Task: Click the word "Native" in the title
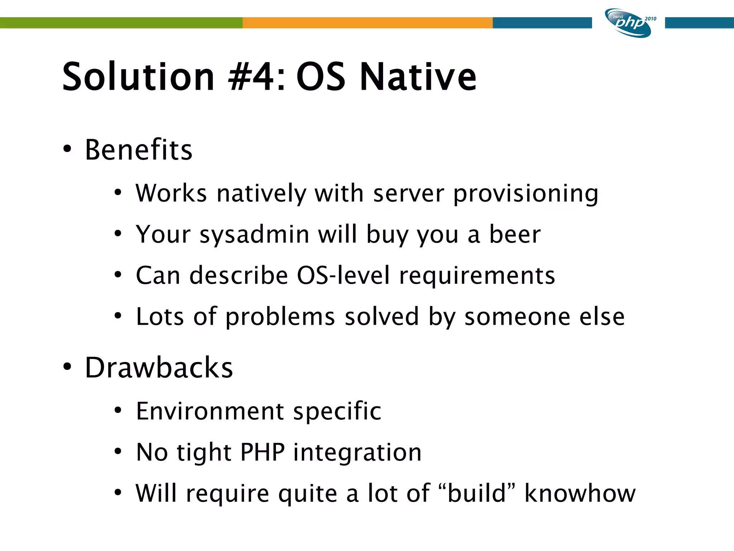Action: pos(418,77)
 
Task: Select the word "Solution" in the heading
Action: pos(138,77)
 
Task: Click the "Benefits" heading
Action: pos(139,150)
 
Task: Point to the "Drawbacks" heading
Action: pos(159,368)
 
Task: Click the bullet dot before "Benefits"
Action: pos(67,149)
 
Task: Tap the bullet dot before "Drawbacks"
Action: pos(67,367)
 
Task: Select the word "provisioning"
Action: pos(526,194)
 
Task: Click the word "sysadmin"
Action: pos(254,235)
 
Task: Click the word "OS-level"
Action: pos(343,275)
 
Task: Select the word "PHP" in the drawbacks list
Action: pos(262,452)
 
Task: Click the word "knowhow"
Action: pos(580,493)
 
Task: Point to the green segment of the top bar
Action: pos(121,23)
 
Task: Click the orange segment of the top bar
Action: pos(367,23)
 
